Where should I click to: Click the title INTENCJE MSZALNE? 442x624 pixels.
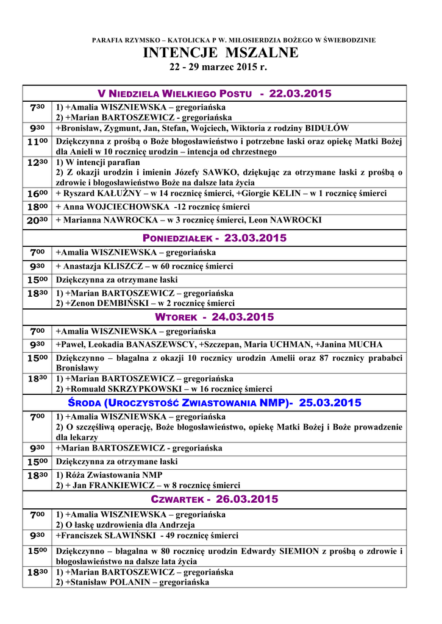point(221,53)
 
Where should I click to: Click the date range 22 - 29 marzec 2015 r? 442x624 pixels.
point(221,67)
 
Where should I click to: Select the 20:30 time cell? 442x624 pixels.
point(38,221)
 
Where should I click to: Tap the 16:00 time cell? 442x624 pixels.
point(38,194)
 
